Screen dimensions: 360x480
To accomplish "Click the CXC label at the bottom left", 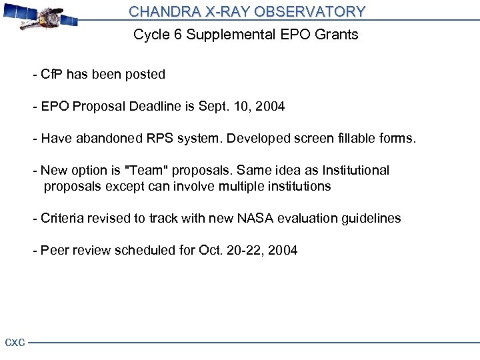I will click(x=15, y=343).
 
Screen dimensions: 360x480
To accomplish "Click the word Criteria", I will click(x=60, y=219).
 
